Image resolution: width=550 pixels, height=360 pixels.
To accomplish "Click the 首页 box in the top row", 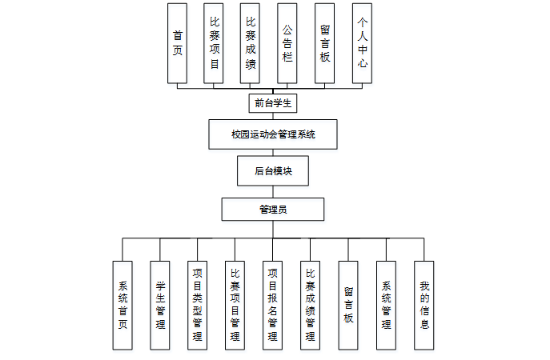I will coord(177,43).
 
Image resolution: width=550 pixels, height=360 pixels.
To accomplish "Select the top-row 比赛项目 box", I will coord(214,43).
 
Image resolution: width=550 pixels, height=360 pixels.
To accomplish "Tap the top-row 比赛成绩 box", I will coord(251,43).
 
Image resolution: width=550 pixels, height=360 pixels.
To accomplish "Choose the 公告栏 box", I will coord(287,43).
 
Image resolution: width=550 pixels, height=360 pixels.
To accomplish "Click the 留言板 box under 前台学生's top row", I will coord(325,43).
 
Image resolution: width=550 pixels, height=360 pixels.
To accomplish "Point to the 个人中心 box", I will coord(362,43).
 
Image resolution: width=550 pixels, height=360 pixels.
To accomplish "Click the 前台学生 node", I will coord(272,102).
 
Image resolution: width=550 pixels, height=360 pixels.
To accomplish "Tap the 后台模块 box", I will coord(272,170).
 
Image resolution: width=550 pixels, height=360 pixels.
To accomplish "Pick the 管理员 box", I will coord(273,210).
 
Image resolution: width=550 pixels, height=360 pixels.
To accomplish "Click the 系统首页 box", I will coord(122,305).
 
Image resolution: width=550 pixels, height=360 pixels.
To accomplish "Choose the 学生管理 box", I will coord(160,305).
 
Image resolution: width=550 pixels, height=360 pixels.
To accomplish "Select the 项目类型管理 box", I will coord(198,305).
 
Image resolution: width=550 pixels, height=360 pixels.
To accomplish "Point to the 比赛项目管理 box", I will coord(235,305).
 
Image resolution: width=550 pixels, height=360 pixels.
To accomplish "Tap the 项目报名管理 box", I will coord(273,305).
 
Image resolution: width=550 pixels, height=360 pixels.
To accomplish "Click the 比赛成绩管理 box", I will coord(311,305).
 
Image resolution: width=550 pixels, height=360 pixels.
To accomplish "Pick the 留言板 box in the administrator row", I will coord(348,305).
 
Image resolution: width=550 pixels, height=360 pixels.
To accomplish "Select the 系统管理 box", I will coord(386,305).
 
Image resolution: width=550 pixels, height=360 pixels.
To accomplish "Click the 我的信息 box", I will coord(424,305).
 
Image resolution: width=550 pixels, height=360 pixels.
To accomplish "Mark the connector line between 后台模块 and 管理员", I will coord(273,191).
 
